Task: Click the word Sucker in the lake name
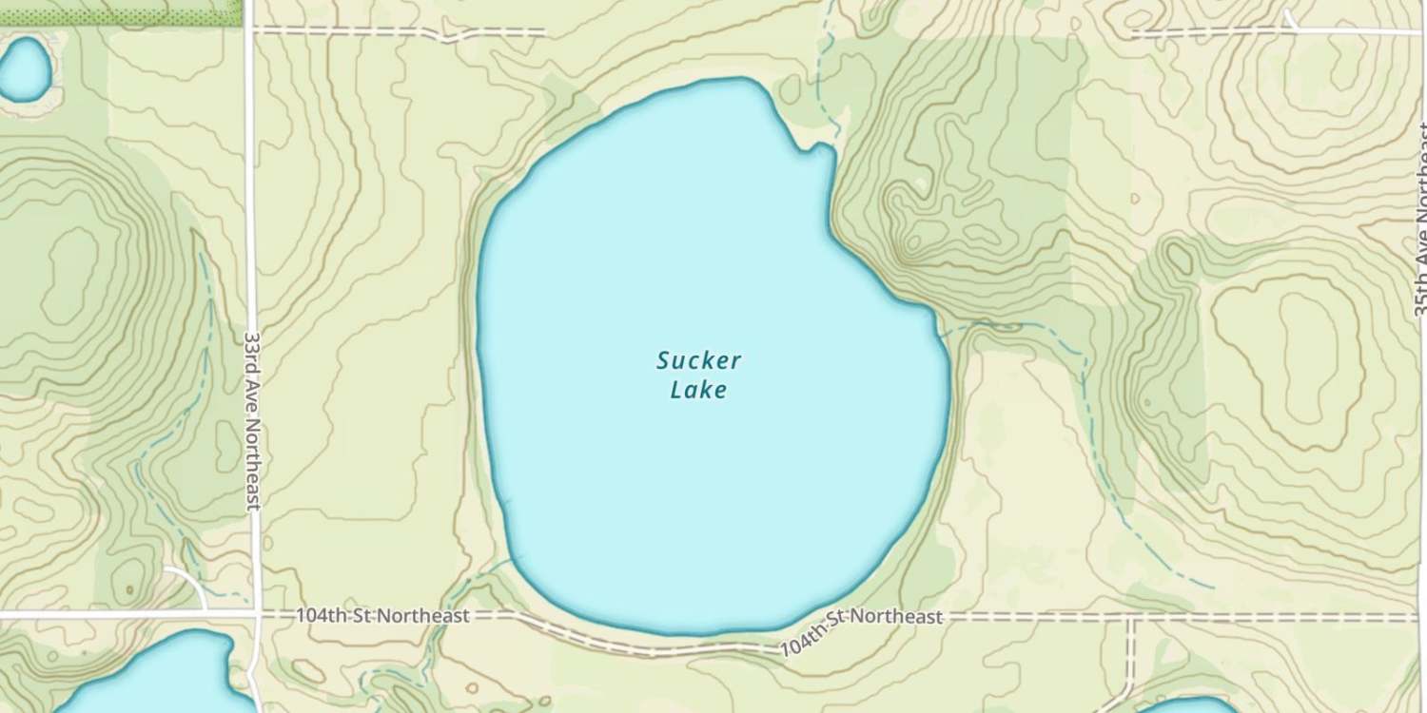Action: point(698,361)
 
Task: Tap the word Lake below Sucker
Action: point(698,390)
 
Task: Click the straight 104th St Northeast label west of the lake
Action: point(382,616)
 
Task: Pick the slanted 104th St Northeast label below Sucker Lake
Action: point(861,631)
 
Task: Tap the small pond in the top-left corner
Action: point(23,68)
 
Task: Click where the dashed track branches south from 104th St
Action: point(1130,618)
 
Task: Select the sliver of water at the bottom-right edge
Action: point(1180,706)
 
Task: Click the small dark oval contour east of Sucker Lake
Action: point(1180,257)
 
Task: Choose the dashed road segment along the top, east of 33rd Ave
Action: point(400,31)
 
